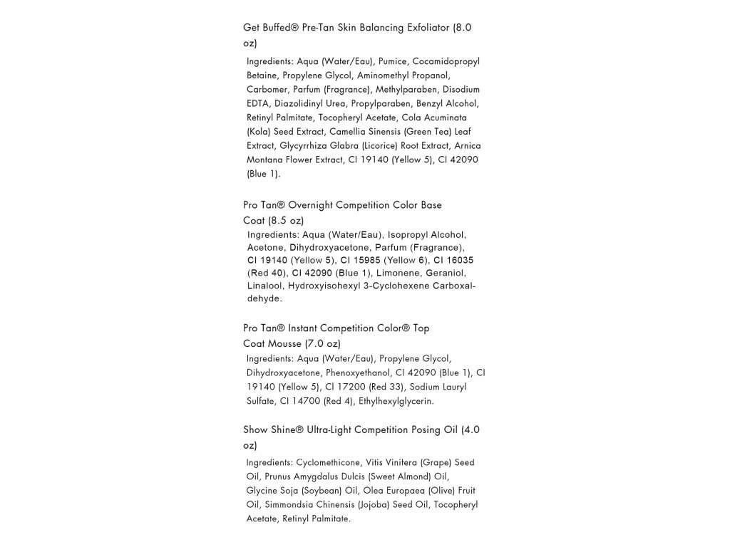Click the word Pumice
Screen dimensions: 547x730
point(391,61)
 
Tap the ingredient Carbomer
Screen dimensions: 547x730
point(267,90)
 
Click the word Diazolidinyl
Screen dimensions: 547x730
point(299,104)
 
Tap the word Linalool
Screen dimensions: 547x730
point(265,286)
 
